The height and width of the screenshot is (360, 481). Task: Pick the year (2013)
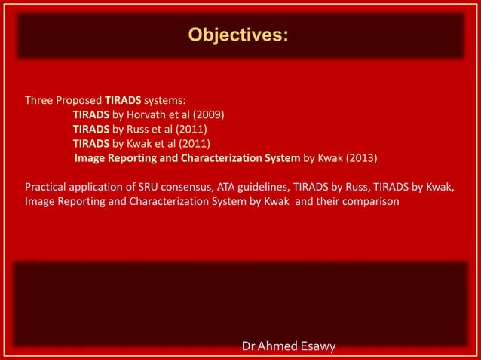[x=361, y=158]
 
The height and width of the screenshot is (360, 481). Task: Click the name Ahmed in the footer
[x=283, y=346]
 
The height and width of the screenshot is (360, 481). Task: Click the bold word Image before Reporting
[x=90, y=158]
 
